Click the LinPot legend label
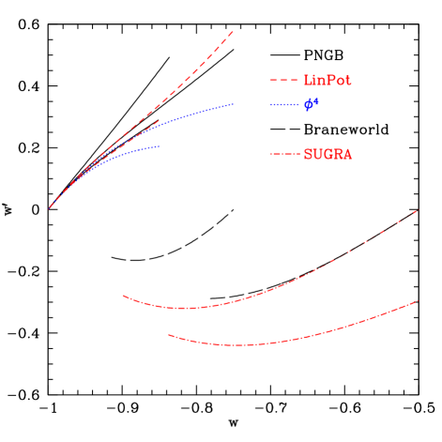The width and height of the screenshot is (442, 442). [x=328, y=81]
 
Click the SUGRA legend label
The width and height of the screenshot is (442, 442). [x=328, y=154]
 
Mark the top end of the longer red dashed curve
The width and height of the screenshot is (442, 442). [x=233, y=31]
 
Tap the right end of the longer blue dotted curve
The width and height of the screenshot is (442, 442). [x=234, y=103]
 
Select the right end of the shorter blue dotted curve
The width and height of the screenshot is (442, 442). [x=160, y=146]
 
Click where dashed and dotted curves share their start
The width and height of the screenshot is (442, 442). [x=49, y=208]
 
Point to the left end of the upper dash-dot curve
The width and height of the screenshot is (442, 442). [x=123, y=296]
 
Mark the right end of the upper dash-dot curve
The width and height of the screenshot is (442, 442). [x=417, y=210]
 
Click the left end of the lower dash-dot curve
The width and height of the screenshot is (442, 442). [x=169, y=334]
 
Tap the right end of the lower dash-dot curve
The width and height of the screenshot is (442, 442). [x=417, y=301]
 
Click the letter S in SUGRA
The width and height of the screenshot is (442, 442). [x=308, y=154]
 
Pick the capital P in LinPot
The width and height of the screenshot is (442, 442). [x=329, y=81]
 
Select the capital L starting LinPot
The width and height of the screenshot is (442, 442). [x=308, y=81]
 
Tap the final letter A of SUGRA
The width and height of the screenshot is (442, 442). [x=347, y=154]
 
